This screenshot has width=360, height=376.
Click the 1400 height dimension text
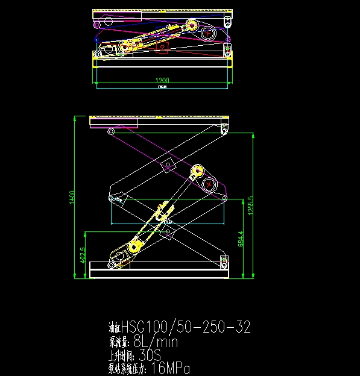tap(72, 196)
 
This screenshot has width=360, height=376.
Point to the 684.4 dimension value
tap(241, 239)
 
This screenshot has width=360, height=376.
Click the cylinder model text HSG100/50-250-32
tap(186, 328)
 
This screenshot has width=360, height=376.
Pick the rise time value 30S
tap(150, 355)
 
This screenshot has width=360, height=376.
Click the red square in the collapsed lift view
tap(163, 48)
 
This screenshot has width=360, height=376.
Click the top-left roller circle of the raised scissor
tap(110, 131)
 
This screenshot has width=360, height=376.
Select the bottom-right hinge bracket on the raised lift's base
tap(224, 261)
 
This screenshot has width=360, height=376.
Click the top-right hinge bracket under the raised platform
tap(225, 128)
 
